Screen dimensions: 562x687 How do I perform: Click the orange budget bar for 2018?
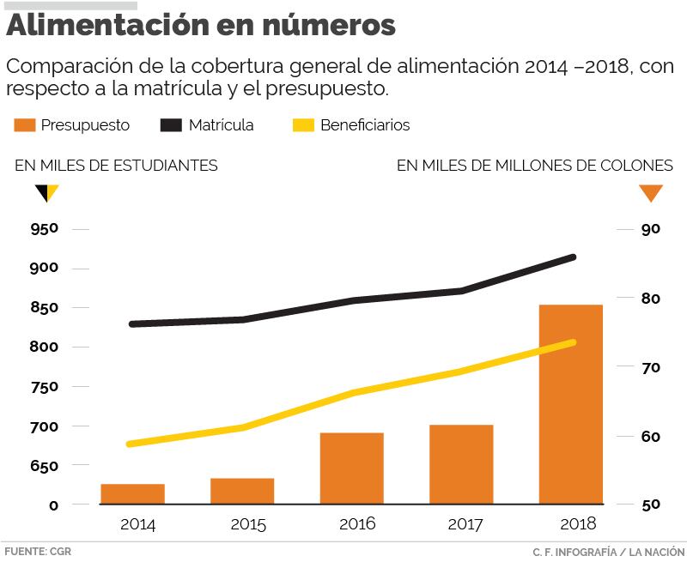571,403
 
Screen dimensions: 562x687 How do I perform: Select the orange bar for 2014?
132,493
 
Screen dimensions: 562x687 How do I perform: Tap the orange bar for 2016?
351,468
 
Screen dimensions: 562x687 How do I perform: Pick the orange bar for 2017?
461,463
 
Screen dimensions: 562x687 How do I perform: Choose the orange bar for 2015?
242,490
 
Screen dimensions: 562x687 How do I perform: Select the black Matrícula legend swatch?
172,125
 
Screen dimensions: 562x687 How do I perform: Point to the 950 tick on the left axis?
42,229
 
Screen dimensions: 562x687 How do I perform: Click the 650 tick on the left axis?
42,466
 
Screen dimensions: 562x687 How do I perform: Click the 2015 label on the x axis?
247,524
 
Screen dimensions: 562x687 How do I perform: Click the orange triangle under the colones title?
651,193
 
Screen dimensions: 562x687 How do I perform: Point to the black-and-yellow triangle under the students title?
46,192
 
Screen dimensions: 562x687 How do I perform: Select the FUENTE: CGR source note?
38,551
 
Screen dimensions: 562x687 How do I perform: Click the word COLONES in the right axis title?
635,166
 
